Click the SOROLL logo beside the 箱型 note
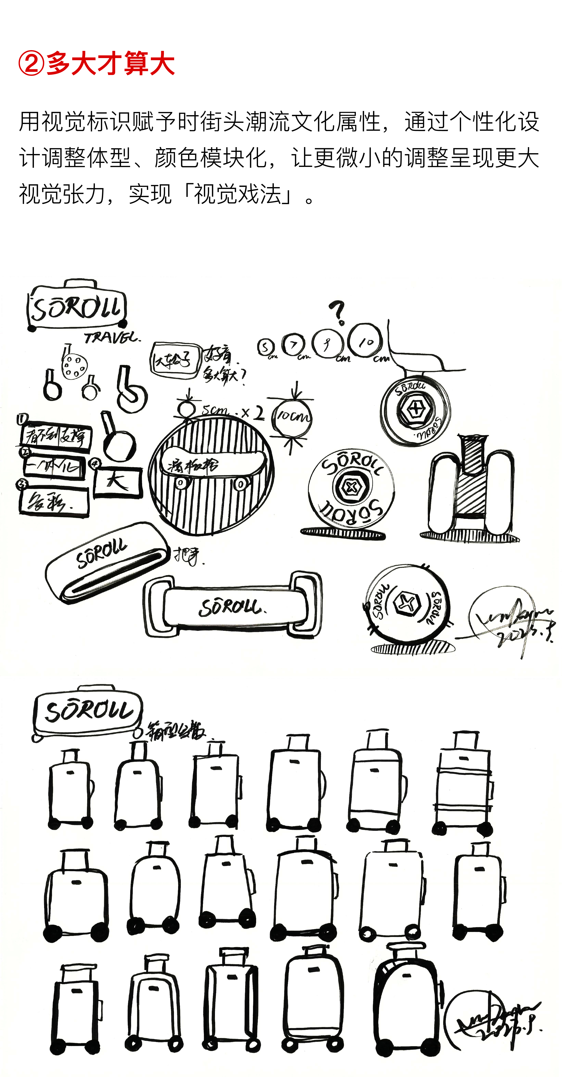88,711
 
